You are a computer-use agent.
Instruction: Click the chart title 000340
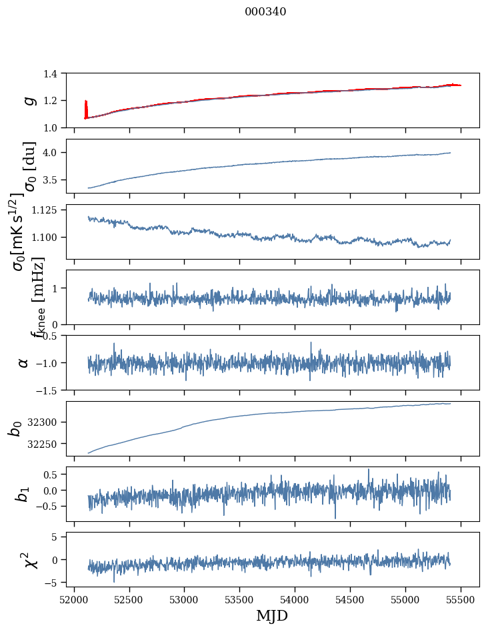tap(265, 12)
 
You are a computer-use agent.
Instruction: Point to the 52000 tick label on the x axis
tap(74, 599)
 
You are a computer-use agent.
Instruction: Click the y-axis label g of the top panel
tap(29, 100)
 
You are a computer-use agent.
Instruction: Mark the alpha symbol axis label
tap(24, 362)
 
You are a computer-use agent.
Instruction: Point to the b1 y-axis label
tap(23, 494)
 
